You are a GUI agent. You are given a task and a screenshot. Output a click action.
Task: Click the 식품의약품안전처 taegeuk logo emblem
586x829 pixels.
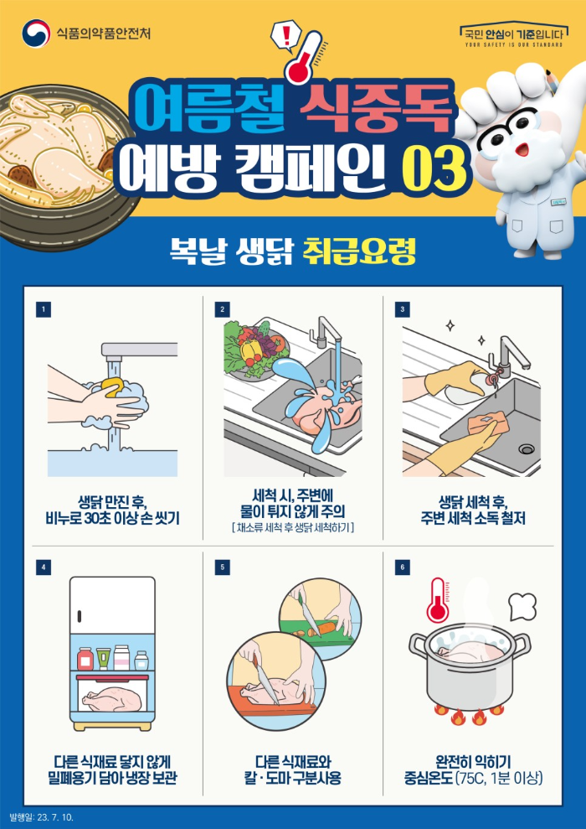pos(35,34)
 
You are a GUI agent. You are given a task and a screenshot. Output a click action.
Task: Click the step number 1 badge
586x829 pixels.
pos(43,309)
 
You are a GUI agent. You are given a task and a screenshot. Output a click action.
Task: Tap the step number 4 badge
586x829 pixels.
pos(43,567)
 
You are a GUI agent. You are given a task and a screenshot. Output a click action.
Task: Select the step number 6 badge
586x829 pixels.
pos(403,567)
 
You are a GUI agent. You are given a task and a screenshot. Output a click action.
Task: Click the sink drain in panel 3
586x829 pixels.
pos(526,449)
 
